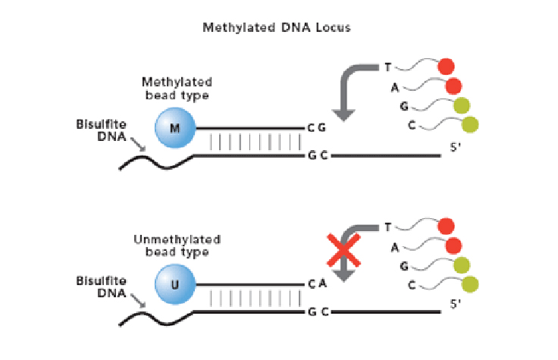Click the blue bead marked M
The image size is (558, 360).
click(175, 127)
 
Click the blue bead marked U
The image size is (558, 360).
click(175, 286)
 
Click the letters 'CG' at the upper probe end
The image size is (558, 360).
click(317, 128)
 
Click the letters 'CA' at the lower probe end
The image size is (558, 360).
click(317, 286)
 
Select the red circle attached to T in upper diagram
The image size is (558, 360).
click(446, 66)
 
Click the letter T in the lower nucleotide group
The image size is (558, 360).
click(388, 227)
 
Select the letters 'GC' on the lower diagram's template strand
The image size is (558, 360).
click(317, 312)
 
